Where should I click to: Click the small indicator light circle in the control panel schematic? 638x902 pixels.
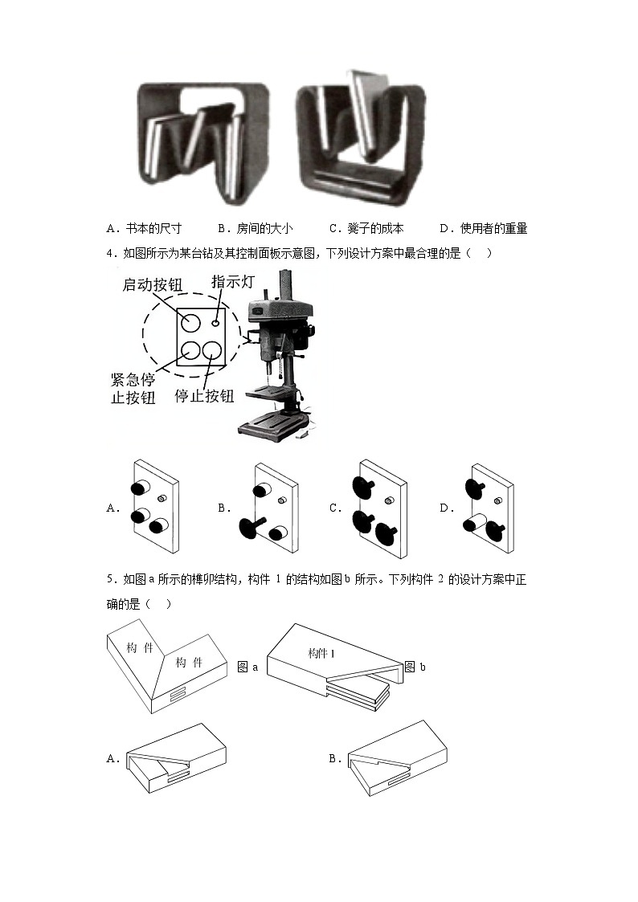pos(215,322)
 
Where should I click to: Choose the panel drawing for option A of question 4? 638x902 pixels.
pos(154,508)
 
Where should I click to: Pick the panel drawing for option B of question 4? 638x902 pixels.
pos(270,508)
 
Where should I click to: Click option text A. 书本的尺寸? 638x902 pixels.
pos(144,229)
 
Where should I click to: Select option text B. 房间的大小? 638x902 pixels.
pos(255,229)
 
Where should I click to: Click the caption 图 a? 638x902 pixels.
pos(248,667)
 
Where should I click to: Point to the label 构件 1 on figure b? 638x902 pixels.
pos(321,654)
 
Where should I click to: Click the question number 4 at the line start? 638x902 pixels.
pos(109,254)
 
